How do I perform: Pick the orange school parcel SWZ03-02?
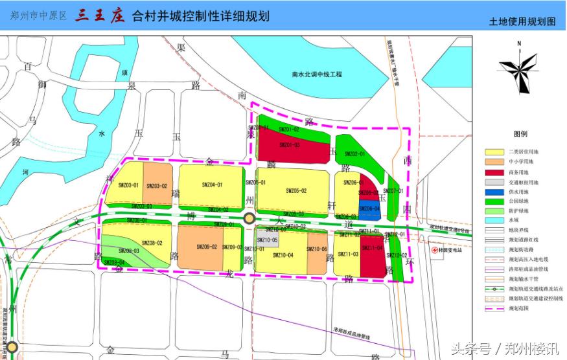point(157,188)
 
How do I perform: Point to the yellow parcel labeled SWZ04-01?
point(211,186)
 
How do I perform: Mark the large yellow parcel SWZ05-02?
point(295,190)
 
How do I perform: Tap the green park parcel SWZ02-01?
point(354,154)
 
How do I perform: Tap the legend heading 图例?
point(520,134)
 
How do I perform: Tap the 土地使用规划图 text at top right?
point(522,21)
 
